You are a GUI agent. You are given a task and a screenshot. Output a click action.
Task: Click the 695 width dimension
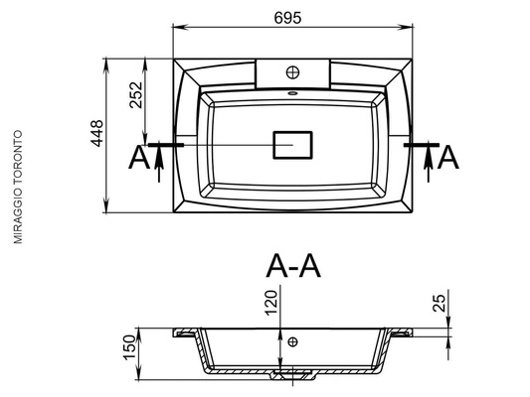pyautogui.click(x=287, y=18)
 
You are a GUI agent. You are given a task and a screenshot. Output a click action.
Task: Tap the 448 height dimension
pyautogui.click(x=97, y=133)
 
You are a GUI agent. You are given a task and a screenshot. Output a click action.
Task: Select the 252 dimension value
pyautogui.click(x=136, y=94)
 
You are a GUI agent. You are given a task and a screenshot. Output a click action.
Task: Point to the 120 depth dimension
pyautogui.click(x=271, y=303)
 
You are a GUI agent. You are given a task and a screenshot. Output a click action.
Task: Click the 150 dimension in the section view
pyautogui.click(x=129, y=347)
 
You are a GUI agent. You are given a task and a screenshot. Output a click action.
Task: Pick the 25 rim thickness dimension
pyautogui.click(x=440, y=303)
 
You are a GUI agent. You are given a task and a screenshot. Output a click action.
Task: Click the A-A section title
pyautogui.click(x=293, y=266)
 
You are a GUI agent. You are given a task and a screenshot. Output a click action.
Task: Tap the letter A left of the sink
pyautogui.click(x=139, y=158)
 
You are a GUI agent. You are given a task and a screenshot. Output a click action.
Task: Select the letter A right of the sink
pyautogui.click(x=448, y=158)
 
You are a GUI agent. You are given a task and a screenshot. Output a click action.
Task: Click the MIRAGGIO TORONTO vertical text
pyautogui.click(x=18, y=187)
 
